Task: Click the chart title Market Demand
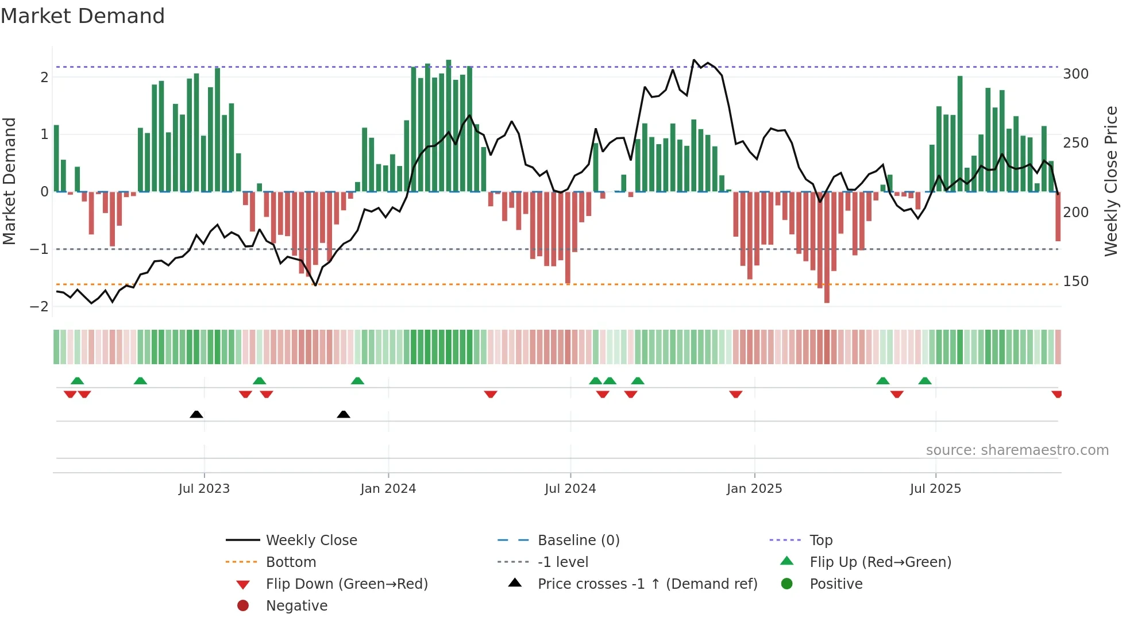pos(83,16)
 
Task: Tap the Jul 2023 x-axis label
pos(204,489)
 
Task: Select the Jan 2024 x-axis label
pos(388,489)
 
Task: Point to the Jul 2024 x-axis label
pos(570,489)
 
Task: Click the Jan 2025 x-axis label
pos(754,489)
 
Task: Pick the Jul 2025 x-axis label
pos(935,489)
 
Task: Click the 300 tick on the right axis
pos(1075,74)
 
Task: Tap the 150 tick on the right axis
pos(1075,281)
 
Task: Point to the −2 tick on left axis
pos(39,307)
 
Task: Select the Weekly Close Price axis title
pos(1111,181)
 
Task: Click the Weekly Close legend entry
pos(311,541)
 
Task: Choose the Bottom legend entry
pos(291,562)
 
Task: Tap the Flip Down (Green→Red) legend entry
pos(346,584)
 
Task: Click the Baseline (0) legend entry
pos(578,541)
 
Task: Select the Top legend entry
pos(821,541)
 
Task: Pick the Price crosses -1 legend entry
pos(647,584)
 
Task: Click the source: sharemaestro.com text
pos(1017,450)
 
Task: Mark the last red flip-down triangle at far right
pos(1056,394)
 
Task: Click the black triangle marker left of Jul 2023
pos(196,414)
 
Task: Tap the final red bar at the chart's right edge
pos(1058,217)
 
